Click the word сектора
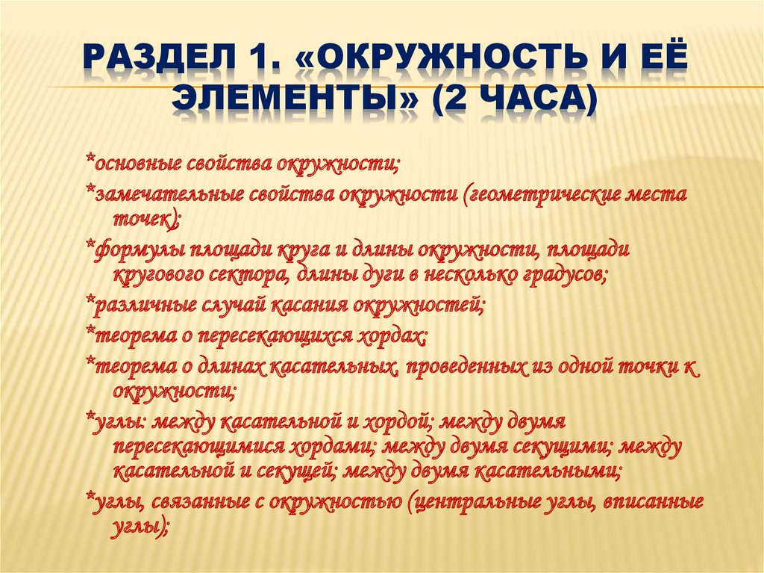(x=248, y=276)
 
